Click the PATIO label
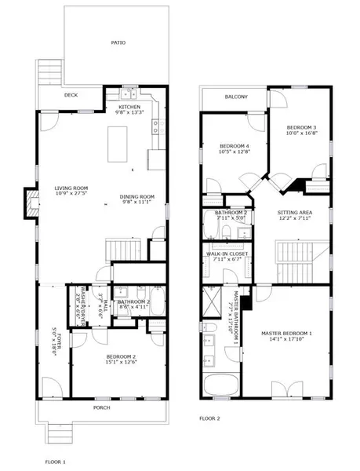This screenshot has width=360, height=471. (x=117, y=43)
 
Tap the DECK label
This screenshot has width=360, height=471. (x=70, y=97)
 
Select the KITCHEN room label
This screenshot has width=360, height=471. (x=130, y=107)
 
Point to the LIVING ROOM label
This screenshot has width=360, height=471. (x=71, y=188)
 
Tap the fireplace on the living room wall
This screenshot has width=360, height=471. (x=31, y=203)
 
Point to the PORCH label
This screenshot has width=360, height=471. (x=102, y=407)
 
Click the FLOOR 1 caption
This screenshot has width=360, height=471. (x=56, y=462)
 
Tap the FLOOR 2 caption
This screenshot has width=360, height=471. (x=209, y=418)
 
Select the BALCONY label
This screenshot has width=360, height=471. (x=235, y=97)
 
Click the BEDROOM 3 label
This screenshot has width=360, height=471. (x=301, y=127)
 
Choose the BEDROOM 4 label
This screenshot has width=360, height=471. (x=235, y=146)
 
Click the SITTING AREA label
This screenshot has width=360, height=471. (x=295, y=212)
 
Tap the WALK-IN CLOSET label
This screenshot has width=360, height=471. (x=227, y=254)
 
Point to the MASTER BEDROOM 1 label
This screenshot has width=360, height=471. (x=286, y=334)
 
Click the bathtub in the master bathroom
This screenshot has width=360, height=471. (x=221, y=385)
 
